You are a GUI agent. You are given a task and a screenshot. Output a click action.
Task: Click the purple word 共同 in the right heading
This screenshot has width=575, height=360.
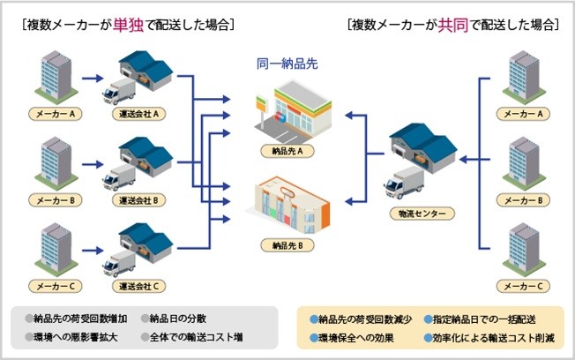coord(452,25)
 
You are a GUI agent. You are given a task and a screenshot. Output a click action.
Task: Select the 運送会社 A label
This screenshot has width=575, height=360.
coord(139,115)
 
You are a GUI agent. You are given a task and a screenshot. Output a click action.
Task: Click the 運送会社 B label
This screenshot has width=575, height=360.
coord(139,200)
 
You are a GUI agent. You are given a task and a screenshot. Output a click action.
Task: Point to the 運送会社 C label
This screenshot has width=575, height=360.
coord(139,286)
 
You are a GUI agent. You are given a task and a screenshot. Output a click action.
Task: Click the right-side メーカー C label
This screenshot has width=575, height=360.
coord(524,286)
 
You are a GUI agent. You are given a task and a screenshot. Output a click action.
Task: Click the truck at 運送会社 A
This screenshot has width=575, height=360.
coord(116,93)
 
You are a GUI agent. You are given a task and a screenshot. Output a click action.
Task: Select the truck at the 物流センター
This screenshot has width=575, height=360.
coord(402,184)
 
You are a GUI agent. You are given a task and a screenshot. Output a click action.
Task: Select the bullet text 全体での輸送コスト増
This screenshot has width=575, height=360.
coord(195,337)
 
